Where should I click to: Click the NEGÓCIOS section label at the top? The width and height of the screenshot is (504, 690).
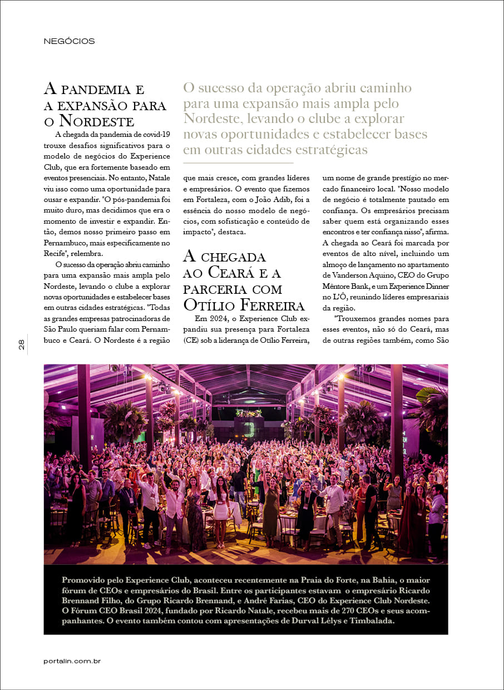point(69,41)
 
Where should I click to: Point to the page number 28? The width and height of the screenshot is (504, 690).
point(21,345)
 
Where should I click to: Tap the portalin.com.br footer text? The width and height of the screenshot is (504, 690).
point(72,661)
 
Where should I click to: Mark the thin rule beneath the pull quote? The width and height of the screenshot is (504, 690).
point(238,163)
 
